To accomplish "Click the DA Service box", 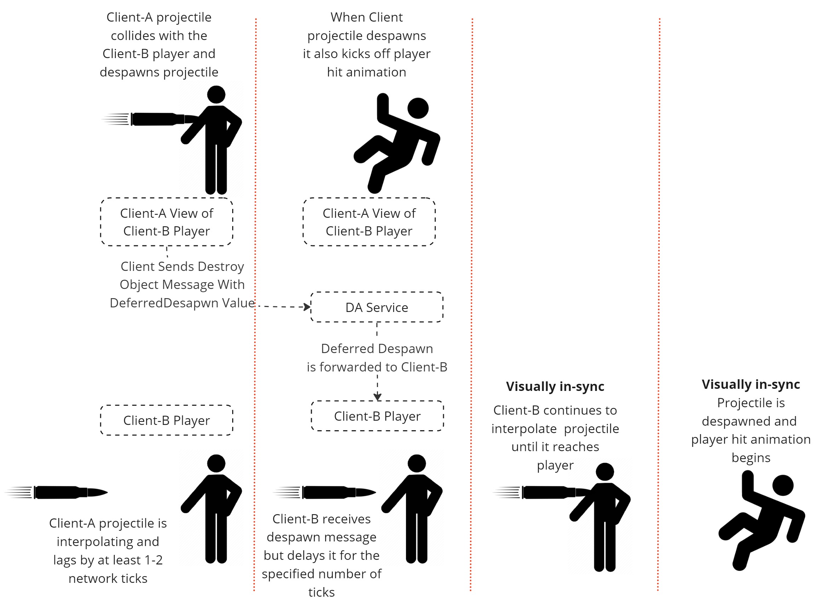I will pyautogui.click(x=377, y=307).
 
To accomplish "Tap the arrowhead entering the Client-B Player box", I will pyautogui.click(x=377, y=397).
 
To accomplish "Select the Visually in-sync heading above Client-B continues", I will pyautogui.click(x=555, y=386).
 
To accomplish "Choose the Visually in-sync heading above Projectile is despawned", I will pyautogui.click(x=751, y=384).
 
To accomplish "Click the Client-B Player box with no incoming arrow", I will pyautogui.click(x=167, y=420).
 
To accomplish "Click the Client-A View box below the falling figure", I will pyautogui.click(x=369, y=222).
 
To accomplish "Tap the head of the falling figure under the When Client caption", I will pyautogui.click(x=418, y=108).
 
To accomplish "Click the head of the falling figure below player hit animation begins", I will pyautogui.click(x=783, y=485).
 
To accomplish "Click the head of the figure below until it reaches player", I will pyautogui.click(x=605, y=472).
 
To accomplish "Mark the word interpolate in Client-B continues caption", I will pyautogui.click(x=524, y=429).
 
